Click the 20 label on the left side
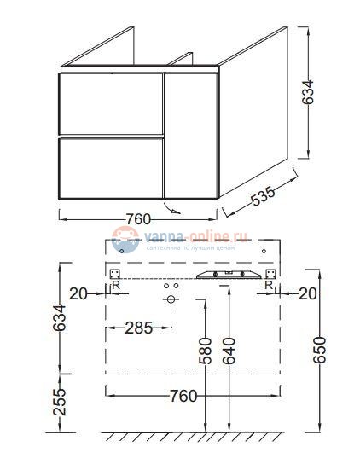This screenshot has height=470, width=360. [x=79, y=294]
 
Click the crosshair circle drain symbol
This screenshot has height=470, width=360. [x=171, y=300]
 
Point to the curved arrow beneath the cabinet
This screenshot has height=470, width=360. [x=173, y=208]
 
